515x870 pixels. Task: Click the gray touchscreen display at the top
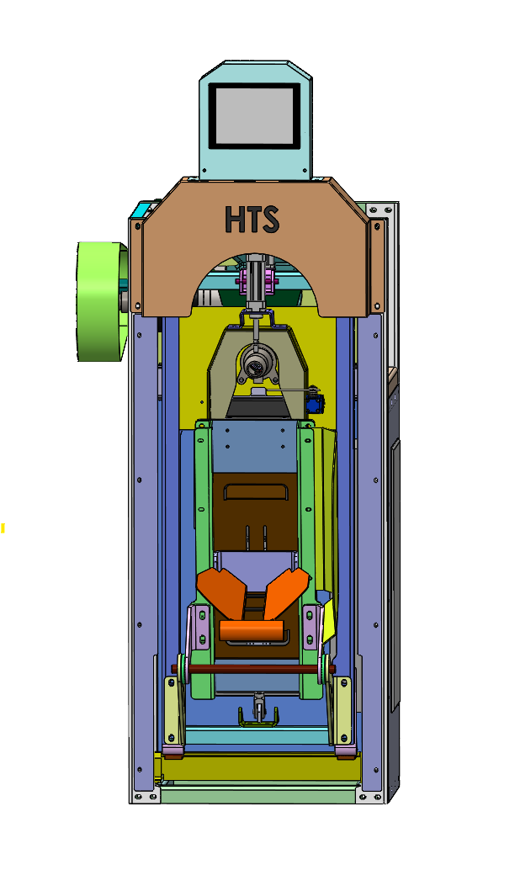click(x=254, y=116)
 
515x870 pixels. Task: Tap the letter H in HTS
click(x=233, y=219)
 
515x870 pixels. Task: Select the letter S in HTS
click(x=269, y=219)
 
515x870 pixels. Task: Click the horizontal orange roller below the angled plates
click(x=252, y=630)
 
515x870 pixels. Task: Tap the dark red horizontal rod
click(x=253, y=669)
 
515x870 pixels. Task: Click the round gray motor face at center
click(x=256, y=364)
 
